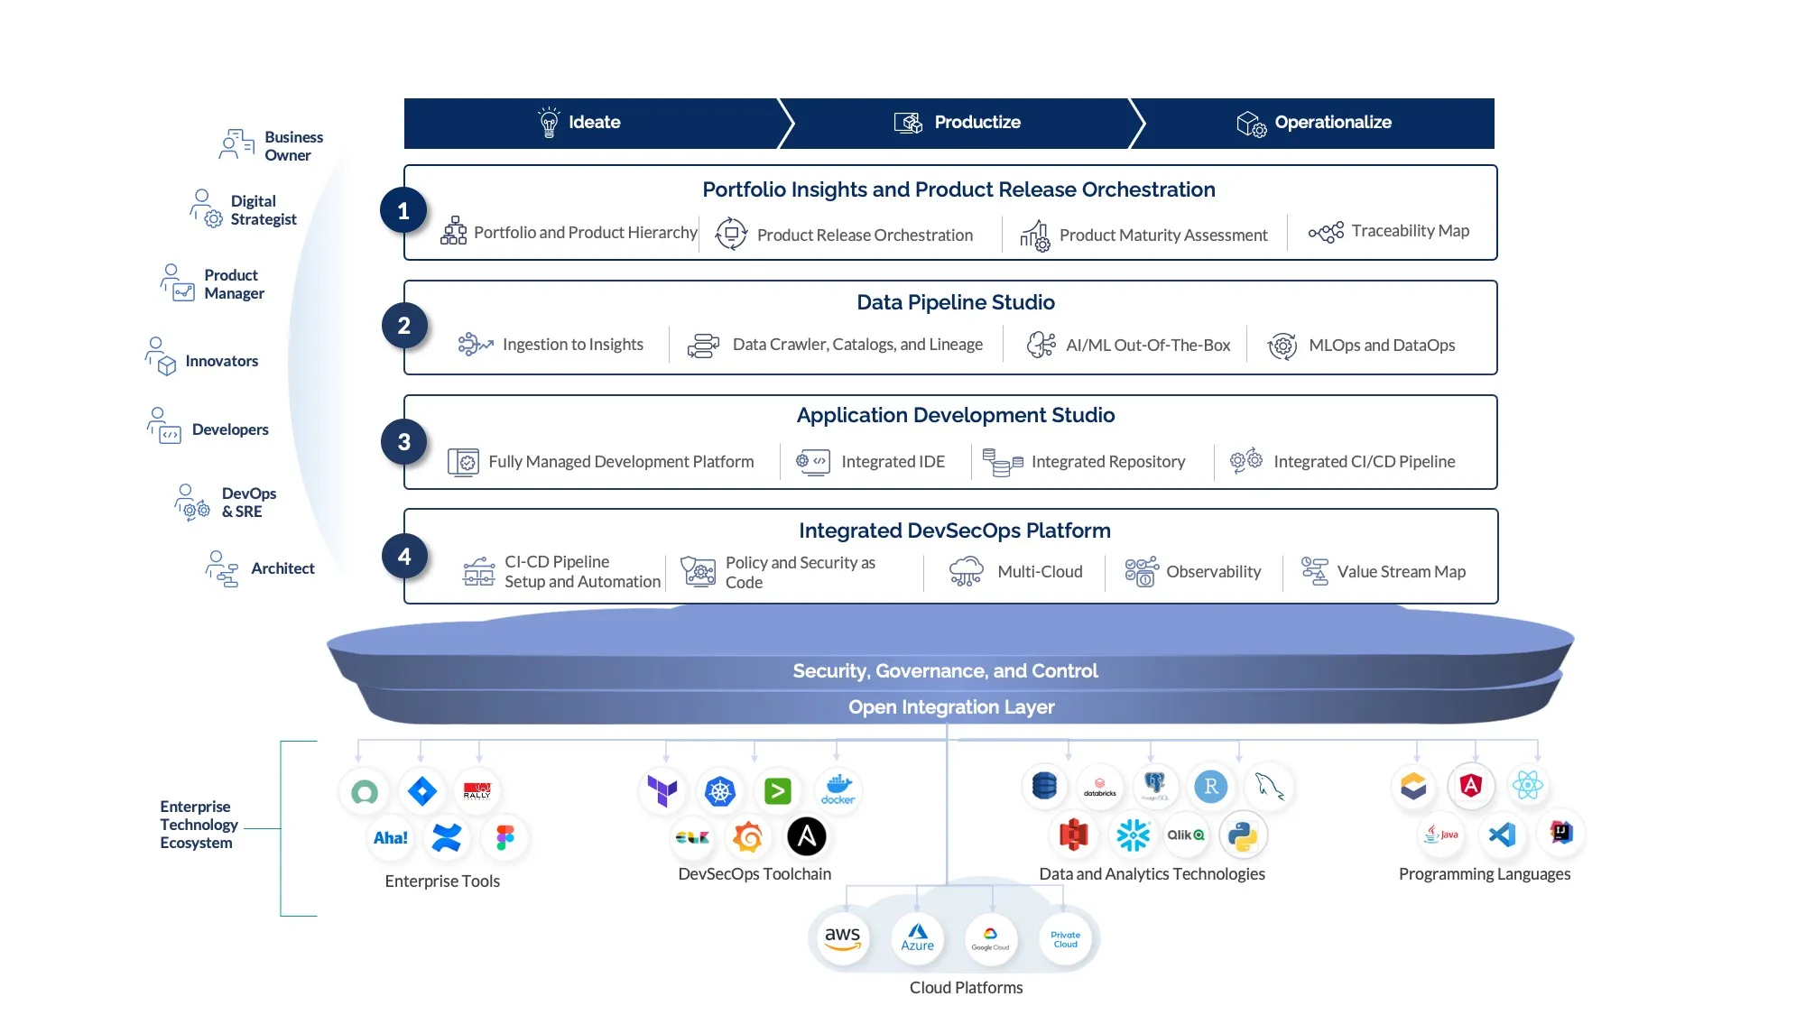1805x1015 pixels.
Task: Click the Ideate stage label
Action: (594, 123)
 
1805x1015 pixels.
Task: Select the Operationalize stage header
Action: (1332, 123)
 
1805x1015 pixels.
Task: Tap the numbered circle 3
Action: (404, 442)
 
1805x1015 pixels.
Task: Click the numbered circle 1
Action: (403, 211)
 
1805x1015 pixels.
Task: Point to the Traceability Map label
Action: (1410, 231)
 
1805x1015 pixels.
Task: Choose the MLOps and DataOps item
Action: (1381, 346)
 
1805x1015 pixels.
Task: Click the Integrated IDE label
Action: (893, 462)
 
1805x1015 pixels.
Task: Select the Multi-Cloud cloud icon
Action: (966, 571)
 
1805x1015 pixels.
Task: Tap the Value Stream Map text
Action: (1401, 572)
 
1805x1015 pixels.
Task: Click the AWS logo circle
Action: (842, 938)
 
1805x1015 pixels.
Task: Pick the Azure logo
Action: (917, 938)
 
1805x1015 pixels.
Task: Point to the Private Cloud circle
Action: (1065, 939)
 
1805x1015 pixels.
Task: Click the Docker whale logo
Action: (838, 789)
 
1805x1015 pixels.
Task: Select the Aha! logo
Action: (390, 838)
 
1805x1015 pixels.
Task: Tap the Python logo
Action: (1243, 835)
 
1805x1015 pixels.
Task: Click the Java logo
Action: (1441, 835)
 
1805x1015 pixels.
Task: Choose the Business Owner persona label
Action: (293, 146)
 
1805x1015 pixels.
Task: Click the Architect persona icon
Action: (222, 569)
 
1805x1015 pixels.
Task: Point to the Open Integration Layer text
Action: (950, 707)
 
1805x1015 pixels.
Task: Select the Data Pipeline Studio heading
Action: (955, 303)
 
